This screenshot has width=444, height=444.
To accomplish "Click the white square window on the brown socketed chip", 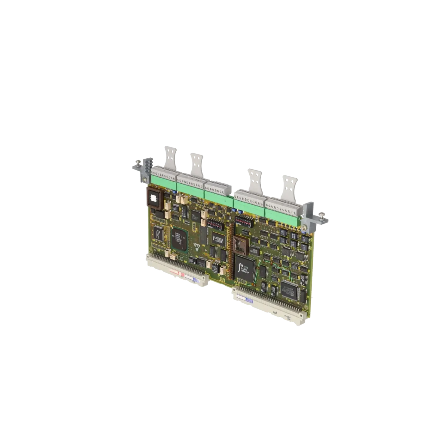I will [154, 198].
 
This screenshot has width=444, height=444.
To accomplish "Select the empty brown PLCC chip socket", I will [240, 245].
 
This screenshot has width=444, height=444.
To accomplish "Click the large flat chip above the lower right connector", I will [289, 288].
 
